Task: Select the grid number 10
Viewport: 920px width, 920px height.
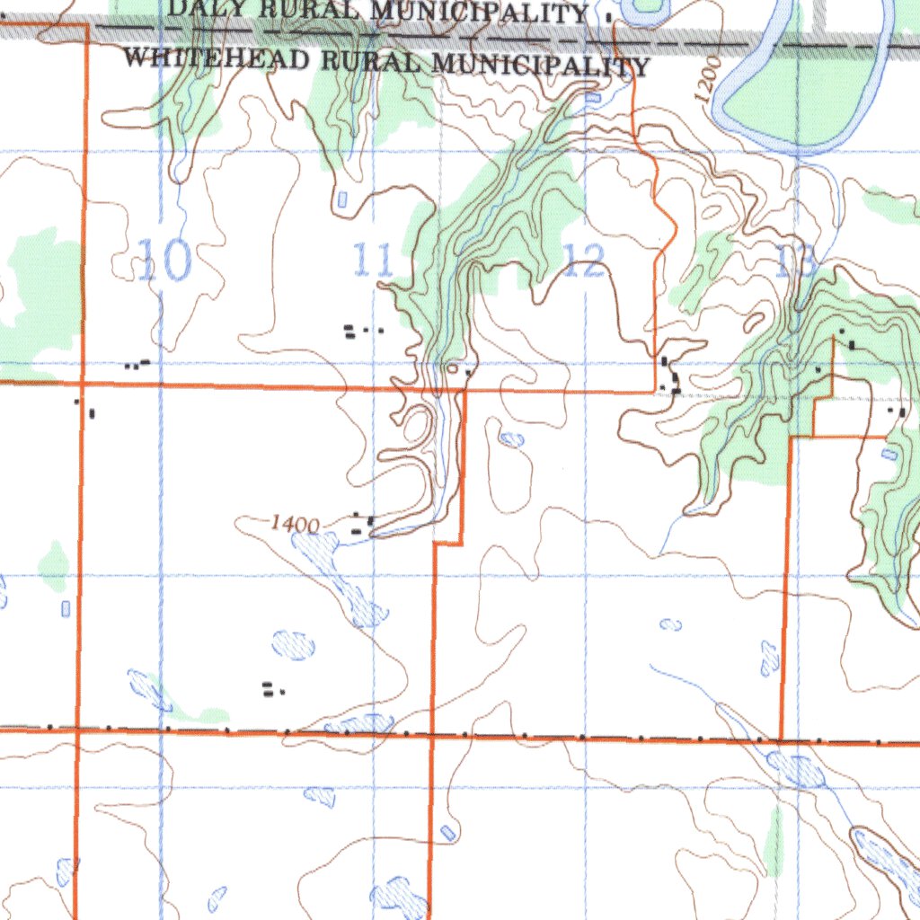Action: [164, 261]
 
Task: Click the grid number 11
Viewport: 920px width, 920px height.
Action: [372, 261]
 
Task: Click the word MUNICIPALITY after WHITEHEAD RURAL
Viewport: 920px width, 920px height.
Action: [540, 65]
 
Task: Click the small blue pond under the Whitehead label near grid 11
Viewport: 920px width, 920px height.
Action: [341, 199]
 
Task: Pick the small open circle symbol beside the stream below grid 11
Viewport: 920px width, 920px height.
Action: [453, 367]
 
